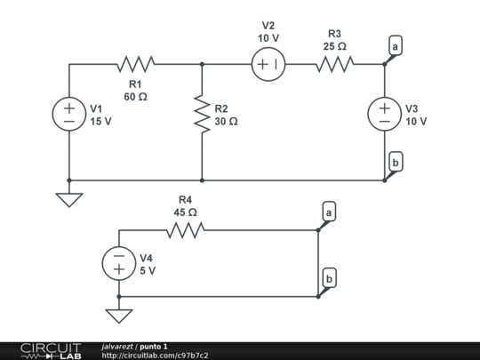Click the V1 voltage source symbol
point(69,114)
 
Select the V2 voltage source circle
point(268,64)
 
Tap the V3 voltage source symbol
point(385,114)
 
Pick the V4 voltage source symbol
point(118,263)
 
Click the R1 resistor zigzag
point(135,64)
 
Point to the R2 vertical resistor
point(203,114)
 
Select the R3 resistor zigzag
point(335,64)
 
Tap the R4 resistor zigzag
point(185,230)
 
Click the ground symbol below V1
point(69,199)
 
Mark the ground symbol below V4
point(118,315)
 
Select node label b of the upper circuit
point(395,162)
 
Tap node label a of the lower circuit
point(329,212)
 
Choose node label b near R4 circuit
point(329,279)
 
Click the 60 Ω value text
point(135,96)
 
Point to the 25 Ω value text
point(335,45)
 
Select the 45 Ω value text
point(185,212)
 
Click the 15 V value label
point(100,122)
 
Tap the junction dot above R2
point(203,64)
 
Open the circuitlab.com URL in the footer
point(155,355)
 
